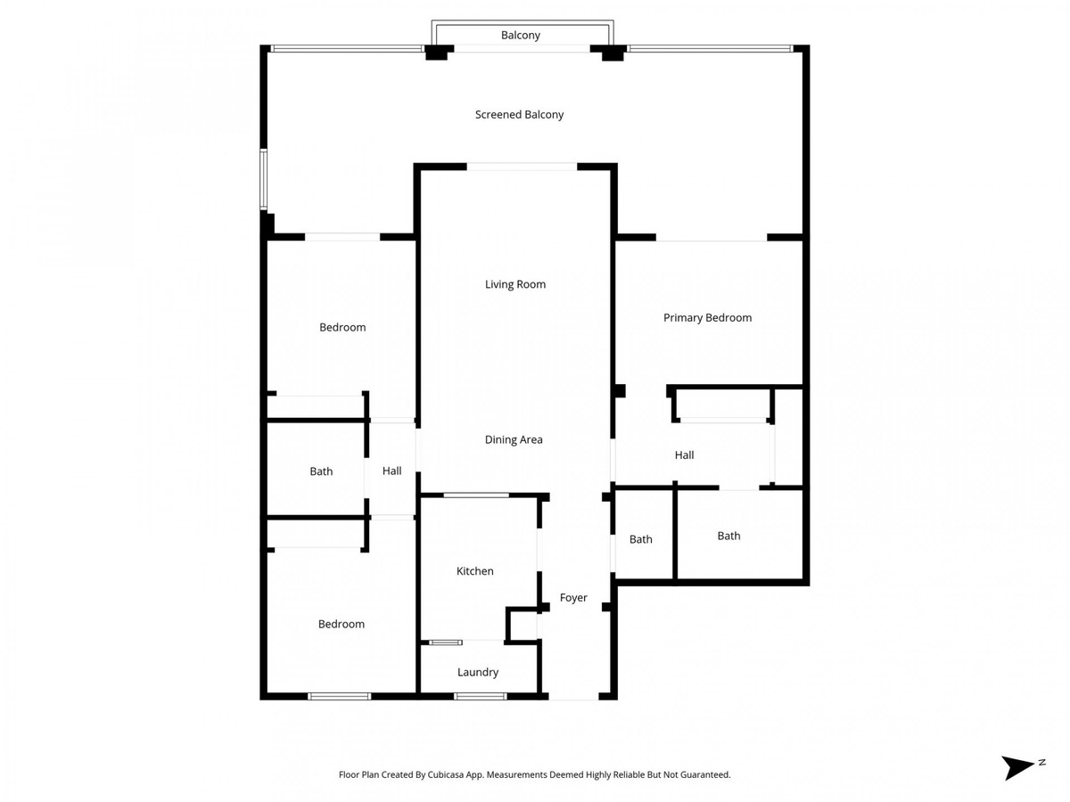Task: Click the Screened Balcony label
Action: click(519, 114)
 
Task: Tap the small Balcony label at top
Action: click(521, 36)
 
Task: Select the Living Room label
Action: click(515, 284)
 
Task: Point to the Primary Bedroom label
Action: click(707, 317)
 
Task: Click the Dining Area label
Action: click(514, 439)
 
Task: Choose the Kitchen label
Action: click(474, 571)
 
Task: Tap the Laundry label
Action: click(478, 672)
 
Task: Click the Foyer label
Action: click(573, 598)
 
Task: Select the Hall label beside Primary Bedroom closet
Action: click(684, 454)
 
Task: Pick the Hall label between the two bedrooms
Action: click(392, 471)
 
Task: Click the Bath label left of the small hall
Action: click(321, 471)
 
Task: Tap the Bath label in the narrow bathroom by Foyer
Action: click(640, 539)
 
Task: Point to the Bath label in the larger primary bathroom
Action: click(728, 536)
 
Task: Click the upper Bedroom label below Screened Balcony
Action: click(342, 327)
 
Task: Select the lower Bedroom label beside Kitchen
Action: click(342, 624)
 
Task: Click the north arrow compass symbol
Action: click(1018, 767)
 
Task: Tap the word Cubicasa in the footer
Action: click(464, 775)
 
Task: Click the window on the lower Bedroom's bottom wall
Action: click(339, 696)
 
